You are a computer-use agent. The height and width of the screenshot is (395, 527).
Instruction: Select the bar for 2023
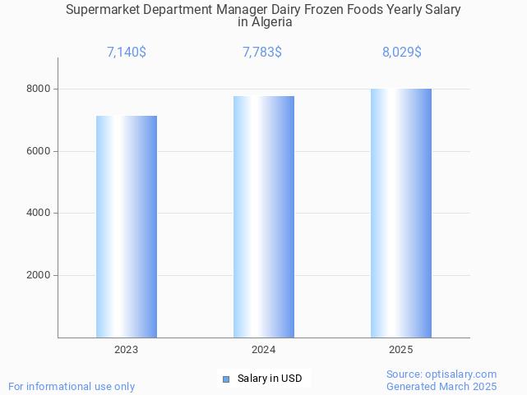pos(127,227)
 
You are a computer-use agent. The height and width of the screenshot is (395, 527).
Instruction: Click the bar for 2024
pos(264,217)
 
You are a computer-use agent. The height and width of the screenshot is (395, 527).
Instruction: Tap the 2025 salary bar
pos(401,213)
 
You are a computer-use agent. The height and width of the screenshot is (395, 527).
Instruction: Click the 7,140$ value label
pos(127,53)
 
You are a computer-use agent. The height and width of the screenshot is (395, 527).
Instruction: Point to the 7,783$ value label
pos(262,53)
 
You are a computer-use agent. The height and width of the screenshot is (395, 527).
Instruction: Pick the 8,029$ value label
pos(402,53)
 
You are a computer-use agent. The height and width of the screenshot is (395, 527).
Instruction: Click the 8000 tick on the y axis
pos(38,89)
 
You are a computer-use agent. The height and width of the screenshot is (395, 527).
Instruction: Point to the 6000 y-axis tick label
pos(38,151)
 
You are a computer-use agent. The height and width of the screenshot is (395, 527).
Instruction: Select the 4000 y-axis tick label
pos(38,214)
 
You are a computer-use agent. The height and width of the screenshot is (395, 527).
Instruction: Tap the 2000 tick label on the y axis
pos(38,276)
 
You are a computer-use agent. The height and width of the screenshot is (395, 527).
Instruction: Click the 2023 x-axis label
pos(127,350)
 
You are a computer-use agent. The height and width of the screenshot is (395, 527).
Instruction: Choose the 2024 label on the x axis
pos(264,350)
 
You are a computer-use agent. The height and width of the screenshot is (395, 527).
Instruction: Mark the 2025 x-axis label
pos(401,350)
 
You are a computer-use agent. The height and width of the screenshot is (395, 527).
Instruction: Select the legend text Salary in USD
pos(270,379)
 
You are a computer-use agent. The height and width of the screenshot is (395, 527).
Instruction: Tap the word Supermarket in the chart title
pos(104,10)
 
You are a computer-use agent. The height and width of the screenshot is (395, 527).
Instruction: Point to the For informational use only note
pos(72,386)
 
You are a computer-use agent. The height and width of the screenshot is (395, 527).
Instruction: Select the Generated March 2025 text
pos(441,386)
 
